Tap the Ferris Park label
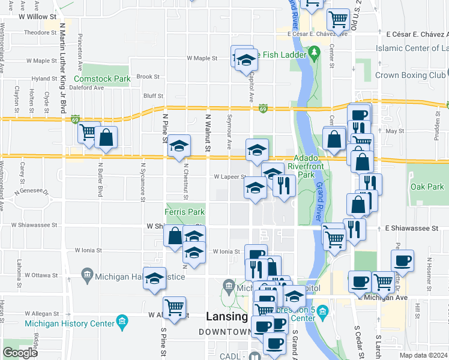coord(185,212)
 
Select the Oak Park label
coord(427,187)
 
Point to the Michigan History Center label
coord(69,323)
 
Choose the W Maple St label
coord(202,59)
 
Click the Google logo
coord(20,353)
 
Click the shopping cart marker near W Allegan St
coord(174,308)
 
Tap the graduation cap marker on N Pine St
coord(178,146)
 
